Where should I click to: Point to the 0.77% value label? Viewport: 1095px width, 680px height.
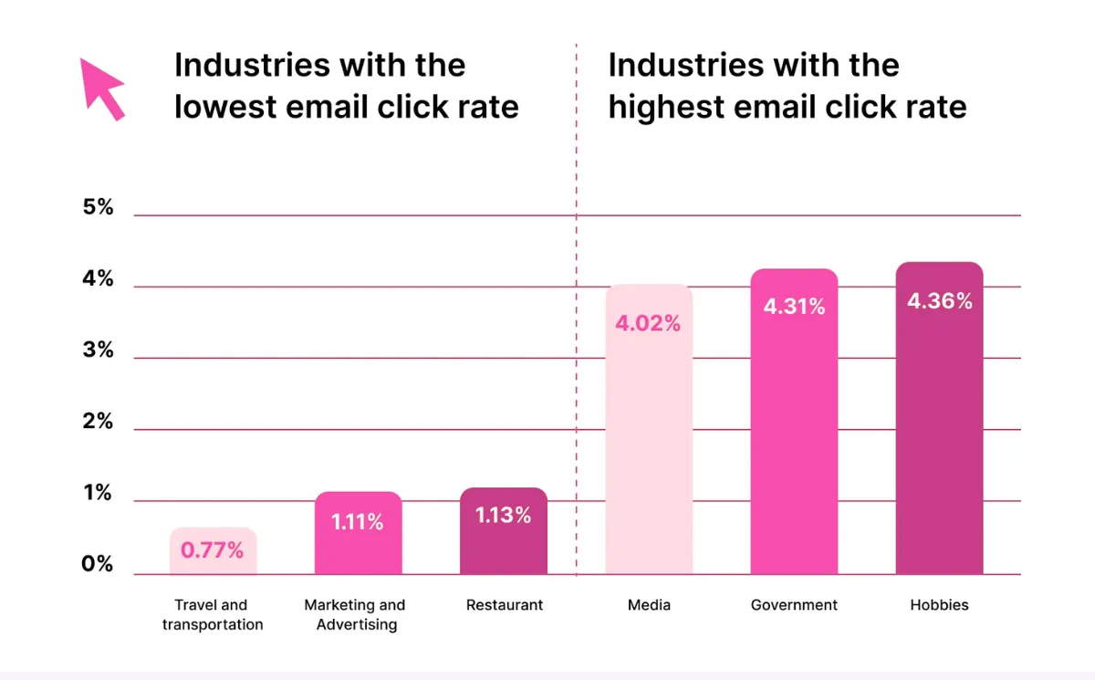[213, 550]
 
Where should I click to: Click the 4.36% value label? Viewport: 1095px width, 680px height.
[939, 300]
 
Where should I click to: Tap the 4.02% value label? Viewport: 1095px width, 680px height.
[648, 323]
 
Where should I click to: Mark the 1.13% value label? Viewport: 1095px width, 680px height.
[503, 515]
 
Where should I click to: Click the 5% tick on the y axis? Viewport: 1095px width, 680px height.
[99, 207]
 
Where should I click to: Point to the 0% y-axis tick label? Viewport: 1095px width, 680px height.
[99, 564]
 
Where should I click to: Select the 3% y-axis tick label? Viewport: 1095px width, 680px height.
[99, 350]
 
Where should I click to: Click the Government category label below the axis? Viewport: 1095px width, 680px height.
[794, 605]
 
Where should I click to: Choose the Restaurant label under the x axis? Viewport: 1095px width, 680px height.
[504, 605]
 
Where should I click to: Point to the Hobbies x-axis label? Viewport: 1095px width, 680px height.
[939, 605]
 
